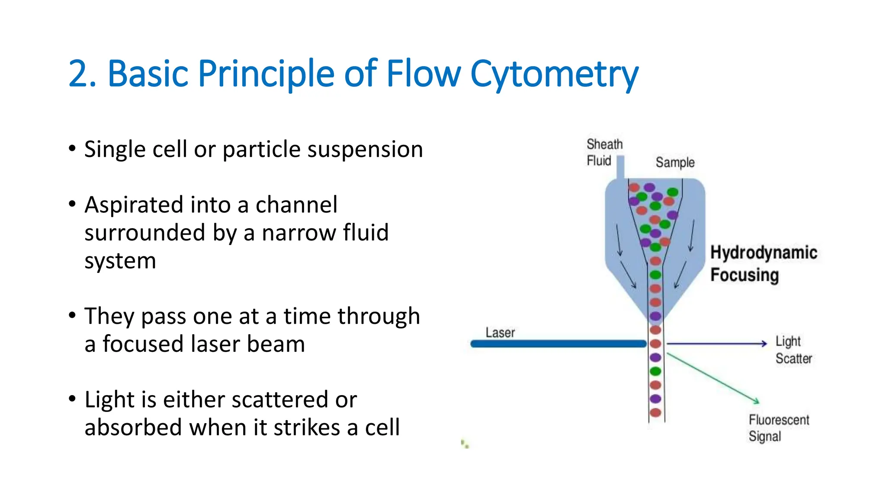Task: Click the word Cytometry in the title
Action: click(554, 74)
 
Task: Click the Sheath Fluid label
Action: click(604, 152)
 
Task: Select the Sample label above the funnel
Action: click(675, 163)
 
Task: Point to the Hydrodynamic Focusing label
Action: click(763, 263)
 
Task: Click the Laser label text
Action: click(500, 332)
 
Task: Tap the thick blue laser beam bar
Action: click(558, 344)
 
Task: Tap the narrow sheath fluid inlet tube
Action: click(620, 167)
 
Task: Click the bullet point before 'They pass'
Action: click(72, 315)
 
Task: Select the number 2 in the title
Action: click(78, 74)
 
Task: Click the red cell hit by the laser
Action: click(655, 344)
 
